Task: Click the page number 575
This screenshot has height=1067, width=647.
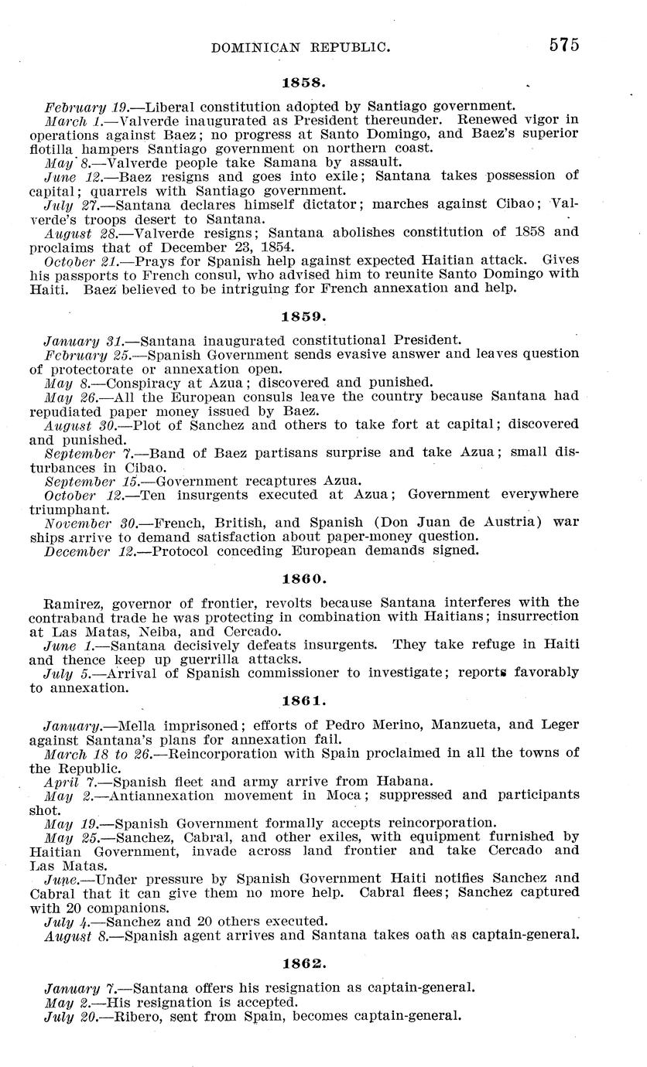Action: coord(564,45)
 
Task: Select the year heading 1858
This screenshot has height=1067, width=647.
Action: coord(296,80)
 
